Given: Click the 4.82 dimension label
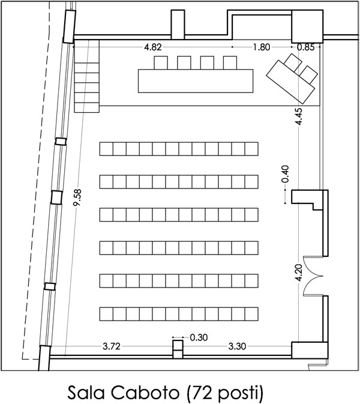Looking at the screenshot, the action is click(x=153, y=47).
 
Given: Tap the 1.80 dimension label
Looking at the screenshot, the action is click(x=262, y=47).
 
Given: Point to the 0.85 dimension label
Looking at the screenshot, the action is click(x=305, y=47).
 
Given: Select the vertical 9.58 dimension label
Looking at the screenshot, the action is click(x=77, y=197).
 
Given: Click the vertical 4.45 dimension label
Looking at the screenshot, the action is click(x=299, y=116).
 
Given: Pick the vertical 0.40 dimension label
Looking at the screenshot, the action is click(x=286, y=174).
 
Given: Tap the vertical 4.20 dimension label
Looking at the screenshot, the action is click(x=299, y=273).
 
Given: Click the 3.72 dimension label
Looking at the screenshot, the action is click(x=112, y=346).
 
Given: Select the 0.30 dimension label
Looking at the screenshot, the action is click(x=199, y=337).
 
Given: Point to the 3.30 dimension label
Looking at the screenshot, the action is click(x=237, y=346).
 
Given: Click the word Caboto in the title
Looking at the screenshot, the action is click(x=145, y=393).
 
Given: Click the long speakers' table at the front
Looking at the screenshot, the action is click(x=196, y=81).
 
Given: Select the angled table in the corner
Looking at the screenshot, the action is click(x=290, y=81).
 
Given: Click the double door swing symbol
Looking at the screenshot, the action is click(x=313, y=276).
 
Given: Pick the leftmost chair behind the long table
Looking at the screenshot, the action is click(x=161, y=62).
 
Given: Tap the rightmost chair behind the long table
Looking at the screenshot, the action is click(x=230, y=62).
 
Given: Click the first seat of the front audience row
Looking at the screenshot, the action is click(x=106, y=149).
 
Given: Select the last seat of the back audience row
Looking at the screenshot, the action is click(x=251, y=314).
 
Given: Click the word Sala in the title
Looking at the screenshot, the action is click(x=86, y=393).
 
